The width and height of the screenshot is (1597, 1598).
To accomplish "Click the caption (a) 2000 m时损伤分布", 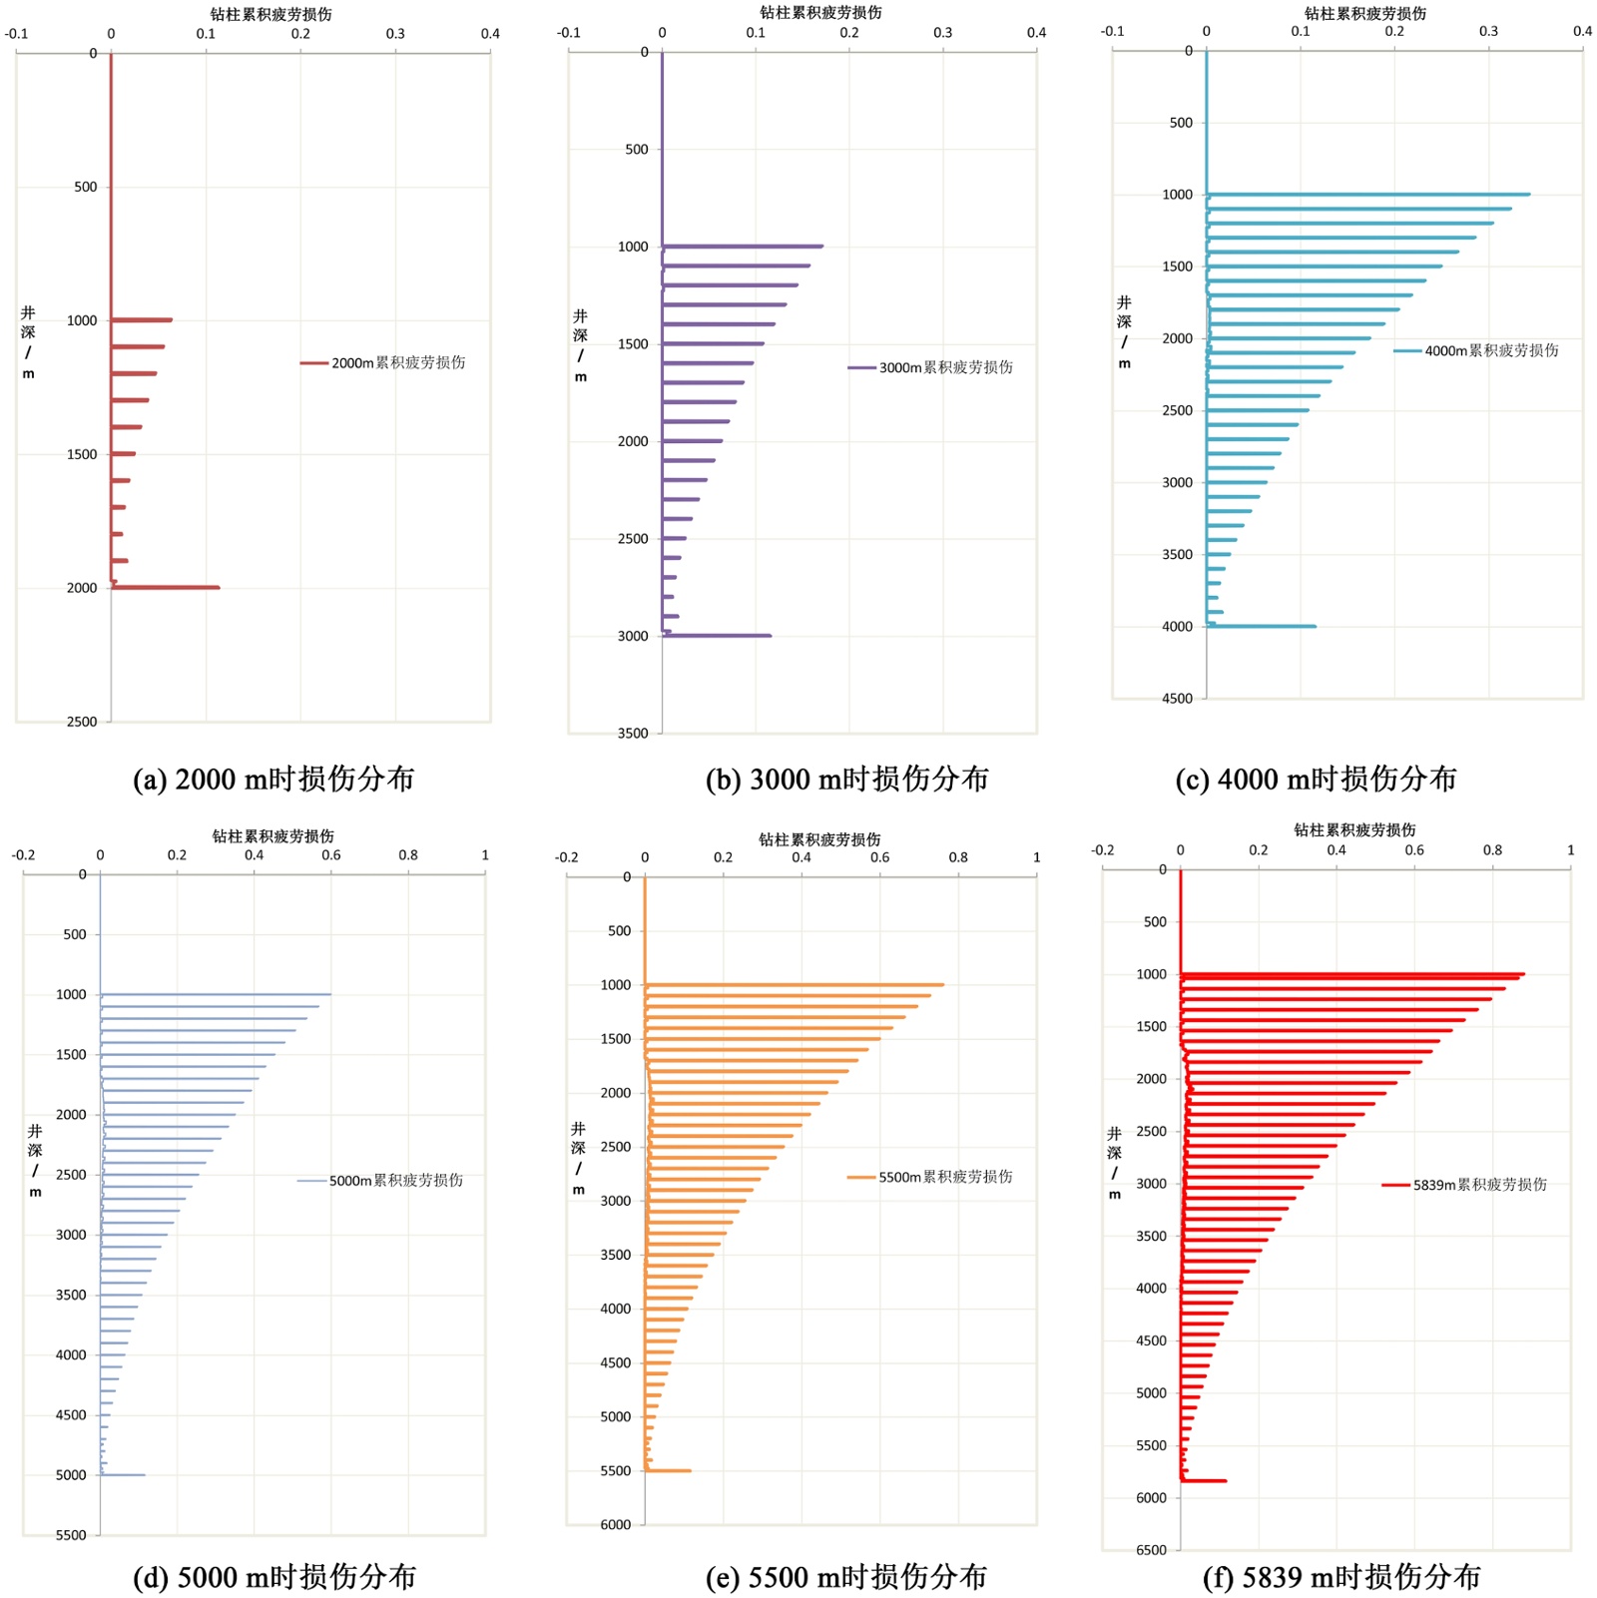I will (273, 780).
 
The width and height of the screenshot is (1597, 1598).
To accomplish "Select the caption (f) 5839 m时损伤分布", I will (1341, 1577).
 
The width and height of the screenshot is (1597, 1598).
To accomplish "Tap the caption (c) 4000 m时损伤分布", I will (1316, 780).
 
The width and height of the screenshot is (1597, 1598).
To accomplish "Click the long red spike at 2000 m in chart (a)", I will (166, 588).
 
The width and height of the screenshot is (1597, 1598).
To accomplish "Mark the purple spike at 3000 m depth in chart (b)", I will (717, 636).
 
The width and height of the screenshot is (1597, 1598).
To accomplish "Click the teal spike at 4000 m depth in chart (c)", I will (1261, 627).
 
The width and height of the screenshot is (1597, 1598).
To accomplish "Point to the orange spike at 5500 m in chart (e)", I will (668, 1470).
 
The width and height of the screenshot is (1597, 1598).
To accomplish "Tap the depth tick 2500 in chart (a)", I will (82, 722).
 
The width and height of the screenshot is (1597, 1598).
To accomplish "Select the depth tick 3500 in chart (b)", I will (633, 734).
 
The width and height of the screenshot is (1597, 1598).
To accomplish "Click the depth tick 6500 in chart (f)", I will (1151, 1550).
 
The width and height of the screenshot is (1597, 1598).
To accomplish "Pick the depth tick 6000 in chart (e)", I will (616, 1524).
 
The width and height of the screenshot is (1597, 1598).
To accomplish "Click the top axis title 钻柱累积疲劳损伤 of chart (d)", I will (272, 836).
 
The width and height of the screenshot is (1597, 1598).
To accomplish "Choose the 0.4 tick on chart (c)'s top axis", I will (1582, 32).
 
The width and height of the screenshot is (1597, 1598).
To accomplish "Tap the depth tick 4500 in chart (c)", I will (1177, 699).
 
